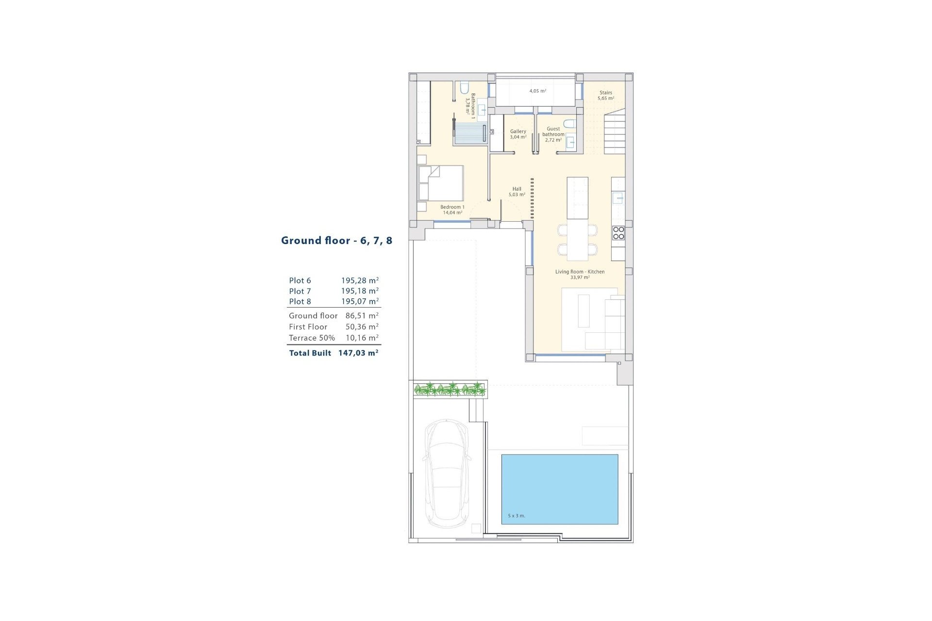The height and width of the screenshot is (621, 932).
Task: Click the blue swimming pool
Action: click(560, 489)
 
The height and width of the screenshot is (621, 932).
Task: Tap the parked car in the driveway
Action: click(447, 474)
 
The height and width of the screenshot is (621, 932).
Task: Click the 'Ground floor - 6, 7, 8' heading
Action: click(337, 241)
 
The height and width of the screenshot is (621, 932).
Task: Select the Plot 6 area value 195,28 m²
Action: click(360, 280)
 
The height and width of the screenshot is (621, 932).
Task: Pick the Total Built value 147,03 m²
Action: click(358, 353)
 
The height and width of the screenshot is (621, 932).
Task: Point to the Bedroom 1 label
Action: click(452, 210)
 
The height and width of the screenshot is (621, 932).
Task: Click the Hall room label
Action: click(517, 192)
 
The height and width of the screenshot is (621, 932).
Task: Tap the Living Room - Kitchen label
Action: click(580, 275)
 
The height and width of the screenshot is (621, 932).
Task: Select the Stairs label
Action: click(606, 95)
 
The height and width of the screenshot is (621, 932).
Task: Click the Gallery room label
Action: click(518, 134)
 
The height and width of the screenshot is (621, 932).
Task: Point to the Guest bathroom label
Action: click(553, 134)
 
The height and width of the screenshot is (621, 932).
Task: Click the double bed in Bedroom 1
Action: click(441, 183)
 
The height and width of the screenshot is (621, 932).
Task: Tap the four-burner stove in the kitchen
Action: click(618, 233)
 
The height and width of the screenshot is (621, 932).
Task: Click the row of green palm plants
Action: click(449, 389)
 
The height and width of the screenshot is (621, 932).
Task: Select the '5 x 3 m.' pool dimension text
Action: click(516, 516)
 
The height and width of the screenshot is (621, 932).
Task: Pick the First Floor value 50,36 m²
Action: click(362, 327)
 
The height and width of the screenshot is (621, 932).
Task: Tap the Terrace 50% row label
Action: click(312, 338)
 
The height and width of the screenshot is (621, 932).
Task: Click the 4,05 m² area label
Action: click(538, 91)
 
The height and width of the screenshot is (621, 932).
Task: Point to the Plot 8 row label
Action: click(300, 301)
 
